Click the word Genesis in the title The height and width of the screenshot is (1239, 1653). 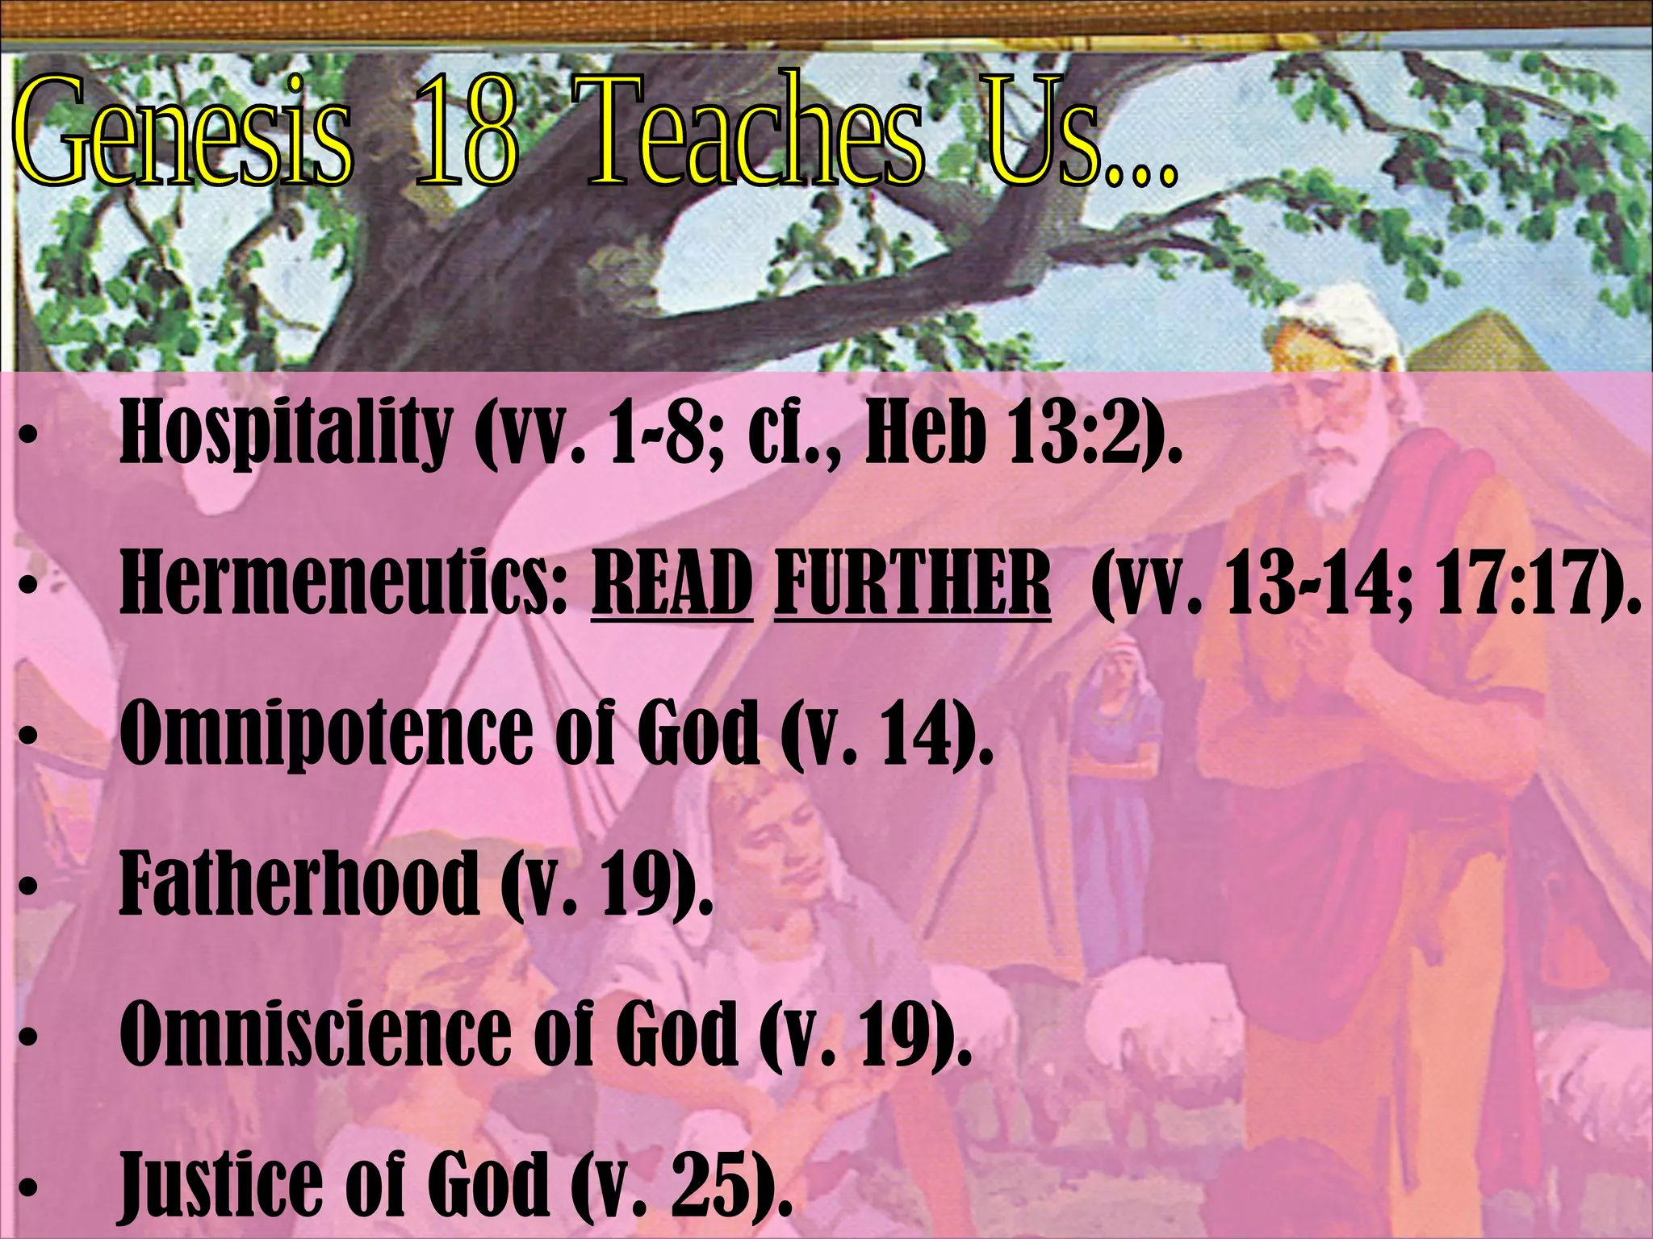tap(182, 133)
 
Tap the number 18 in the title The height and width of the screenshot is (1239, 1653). tap(466, 133)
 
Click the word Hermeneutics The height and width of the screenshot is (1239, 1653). tap(343, 582)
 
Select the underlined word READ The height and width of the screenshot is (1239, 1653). tap(672, 582)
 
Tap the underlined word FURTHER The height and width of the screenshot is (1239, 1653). tap(912, 582)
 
